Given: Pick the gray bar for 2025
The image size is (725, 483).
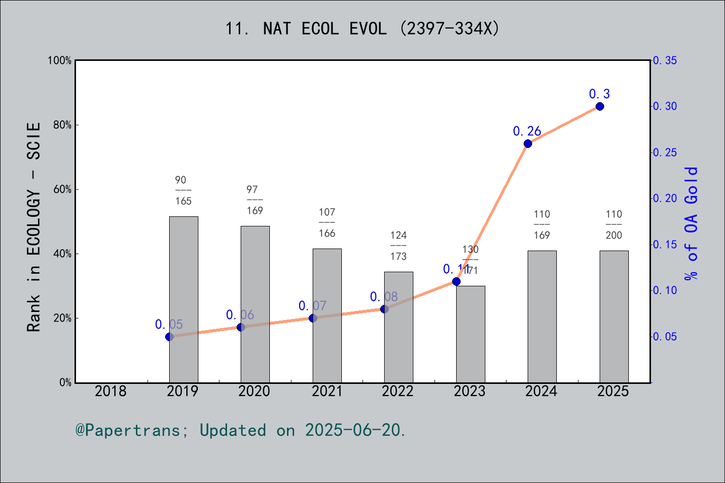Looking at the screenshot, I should pos(614,316).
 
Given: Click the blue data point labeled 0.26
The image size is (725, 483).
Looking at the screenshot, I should pos(528,143).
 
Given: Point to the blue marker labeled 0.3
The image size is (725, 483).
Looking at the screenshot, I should pos(600,107).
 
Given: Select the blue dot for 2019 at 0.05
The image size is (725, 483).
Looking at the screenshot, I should pos(170,337).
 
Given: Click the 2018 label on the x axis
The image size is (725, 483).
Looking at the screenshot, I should pos(111,391).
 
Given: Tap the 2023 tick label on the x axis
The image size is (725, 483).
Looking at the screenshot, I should pos(470,391).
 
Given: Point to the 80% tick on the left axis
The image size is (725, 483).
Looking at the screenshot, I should pos(62,125).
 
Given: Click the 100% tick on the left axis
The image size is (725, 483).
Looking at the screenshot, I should pos(60,60).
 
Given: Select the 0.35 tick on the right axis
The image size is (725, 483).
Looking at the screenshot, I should pos(665,60).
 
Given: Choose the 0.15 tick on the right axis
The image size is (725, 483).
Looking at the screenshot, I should pos(665,245).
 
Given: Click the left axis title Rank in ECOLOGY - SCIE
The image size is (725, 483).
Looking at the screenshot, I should pos(34,226).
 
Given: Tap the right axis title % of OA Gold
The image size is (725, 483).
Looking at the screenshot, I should pos(691,223).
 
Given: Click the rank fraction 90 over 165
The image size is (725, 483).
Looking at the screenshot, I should pos(183,191).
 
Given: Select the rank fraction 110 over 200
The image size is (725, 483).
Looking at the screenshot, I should pos(614,225).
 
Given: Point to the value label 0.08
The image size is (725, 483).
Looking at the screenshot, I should pos(384,297).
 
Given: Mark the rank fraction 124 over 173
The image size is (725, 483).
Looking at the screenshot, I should pos(398,246).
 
